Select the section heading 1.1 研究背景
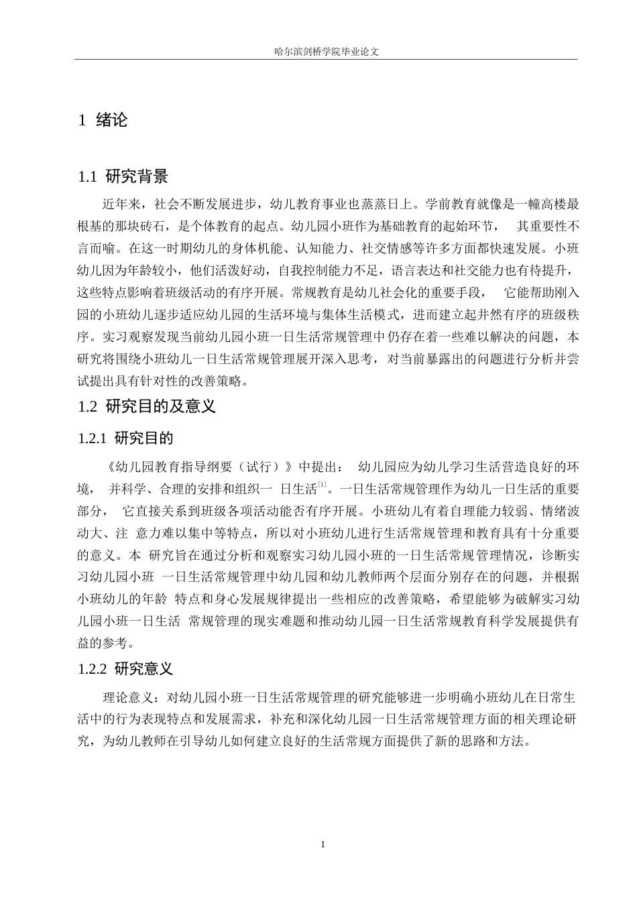(123, 177)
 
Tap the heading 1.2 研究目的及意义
(147, 406)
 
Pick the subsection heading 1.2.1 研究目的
(125, 439)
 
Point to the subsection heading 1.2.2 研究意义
(125, 668)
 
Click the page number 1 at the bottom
(323, 844)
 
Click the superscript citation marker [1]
(322, 484)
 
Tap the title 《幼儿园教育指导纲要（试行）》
(199, 467)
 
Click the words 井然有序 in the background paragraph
(473, 314)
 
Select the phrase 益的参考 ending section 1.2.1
(102, 642)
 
